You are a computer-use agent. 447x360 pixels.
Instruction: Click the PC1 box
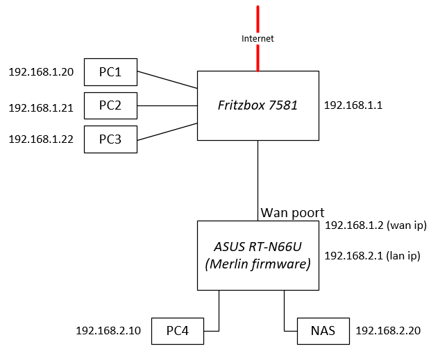[x=110, y=71]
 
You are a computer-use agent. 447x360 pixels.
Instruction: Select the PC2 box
[x=110, y=105]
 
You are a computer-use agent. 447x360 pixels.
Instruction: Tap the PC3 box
[x=110, y=139]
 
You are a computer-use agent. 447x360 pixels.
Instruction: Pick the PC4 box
[x=178, y=331]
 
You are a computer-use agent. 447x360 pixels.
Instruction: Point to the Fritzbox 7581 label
[x=258, y=105]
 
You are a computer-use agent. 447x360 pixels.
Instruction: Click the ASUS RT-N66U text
[x=258, y=247]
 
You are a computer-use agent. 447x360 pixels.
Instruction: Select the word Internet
[x=258, y=39]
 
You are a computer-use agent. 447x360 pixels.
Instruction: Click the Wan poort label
[x=292, y=212]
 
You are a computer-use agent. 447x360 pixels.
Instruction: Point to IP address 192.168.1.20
[x=41, y=72]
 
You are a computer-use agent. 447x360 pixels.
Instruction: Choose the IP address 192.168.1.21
[x=41, y=108]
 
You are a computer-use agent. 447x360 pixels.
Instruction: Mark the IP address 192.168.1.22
[x=41, y=139]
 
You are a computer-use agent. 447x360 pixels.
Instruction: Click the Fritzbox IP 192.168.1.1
[x=353, y=105]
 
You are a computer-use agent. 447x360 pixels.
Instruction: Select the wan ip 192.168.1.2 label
[x=375, y=225]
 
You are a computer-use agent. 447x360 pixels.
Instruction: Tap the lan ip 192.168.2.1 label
[x=373, y=256]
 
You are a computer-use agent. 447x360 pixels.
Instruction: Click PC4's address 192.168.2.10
[x=108, y=331]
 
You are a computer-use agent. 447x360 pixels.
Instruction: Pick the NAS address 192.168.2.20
[x=388, y=331]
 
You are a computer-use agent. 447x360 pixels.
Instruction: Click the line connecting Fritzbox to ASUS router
[x=258, y=173]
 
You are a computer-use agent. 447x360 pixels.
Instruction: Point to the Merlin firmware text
[x=258, y=264]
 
